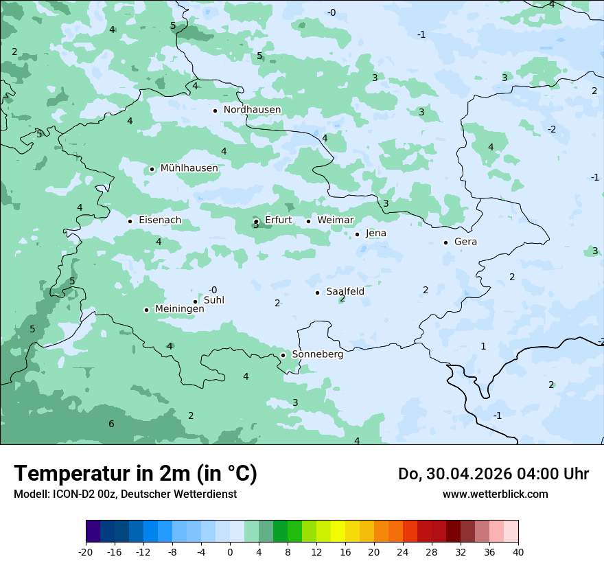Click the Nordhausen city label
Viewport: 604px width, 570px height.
[x=252, y=110]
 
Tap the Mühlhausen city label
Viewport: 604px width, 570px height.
[x=189, y=168]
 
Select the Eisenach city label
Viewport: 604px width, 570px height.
[x=160, y=220]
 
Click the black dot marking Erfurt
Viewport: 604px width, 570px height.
[x=256, y=221]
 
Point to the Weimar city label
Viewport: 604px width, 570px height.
[x=335, y=220]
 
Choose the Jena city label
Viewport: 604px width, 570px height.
[x=375, y=233]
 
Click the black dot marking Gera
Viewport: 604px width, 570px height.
[x=445, y=242]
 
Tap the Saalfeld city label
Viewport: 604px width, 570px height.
[x=345, y=292]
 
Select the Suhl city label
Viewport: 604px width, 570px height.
[x=214, y=300]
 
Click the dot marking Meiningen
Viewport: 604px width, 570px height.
[x=146, y=310]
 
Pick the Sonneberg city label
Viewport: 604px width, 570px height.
[x=317, y=354]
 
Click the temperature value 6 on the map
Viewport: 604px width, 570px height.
[x=111, y=424]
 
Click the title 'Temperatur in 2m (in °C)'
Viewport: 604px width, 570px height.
[x=135, y=474]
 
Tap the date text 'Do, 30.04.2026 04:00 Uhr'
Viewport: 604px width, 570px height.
[x=493, y=474]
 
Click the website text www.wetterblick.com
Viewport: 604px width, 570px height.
[x=495, y=494]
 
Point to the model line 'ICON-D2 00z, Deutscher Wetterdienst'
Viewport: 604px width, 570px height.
[x=125, y=494]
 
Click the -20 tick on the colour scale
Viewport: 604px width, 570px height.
[x=86, y=551]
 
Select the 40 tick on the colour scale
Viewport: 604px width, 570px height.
[x=518, y=551]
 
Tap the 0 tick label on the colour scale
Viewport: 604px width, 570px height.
[x=230, y=551]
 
